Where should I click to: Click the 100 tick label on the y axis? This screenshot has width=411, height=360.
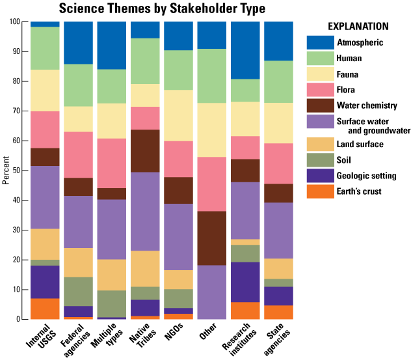click(x=14, y=21)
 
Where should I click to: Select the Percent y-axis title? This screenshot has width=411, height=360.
click(x=6, y=171)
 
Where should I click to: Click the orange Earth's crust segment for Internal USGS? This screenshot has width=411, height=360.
click(x=45, y=309)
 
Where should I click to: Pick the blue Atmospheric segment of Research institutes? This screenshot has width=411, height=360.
click(x=245, y=50)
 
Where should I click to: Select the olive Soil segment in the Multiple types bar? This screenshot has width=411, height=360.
click(x=112, y=304)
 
